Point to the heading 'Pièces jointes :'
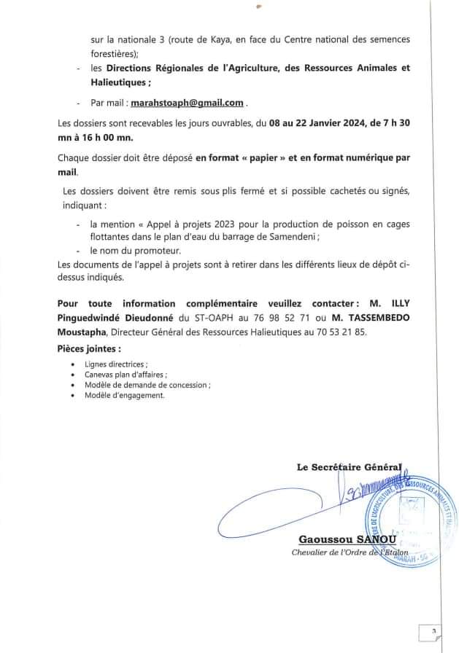click(x=89, y=348)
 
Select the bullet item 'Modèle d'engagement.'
click(x=125, y=395)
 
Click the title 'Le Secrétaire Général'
click(x=349, y=468)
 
